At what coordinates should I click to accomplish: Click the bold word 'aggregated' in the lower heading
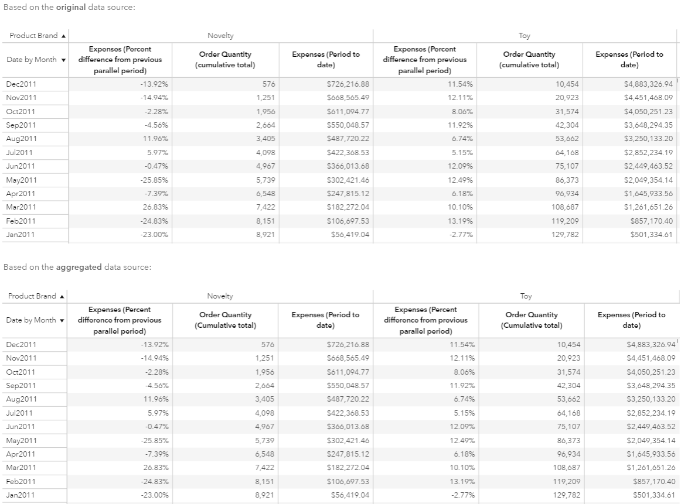pyautogui.click(x=79, y=267)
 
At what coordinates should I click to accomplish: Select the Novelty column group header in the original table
pyautogui.click(x=220, y=36)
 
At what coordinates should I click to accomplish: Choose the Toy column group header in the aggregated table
pyautogui.click(x=525, y=296)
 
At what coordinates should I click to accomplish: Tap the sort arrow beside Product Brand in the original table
pyautogui.click(x=63, y=36)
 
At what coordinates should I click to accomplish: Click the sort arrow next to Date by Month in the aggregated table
pyautogui.click(x=63, y=320)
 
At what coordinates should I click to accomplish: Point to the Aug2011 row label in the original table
pyautogui.click(x=21, y=139)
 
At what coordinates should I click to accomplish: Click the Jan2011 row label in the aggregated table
pyautogui.click(x=21, y=495)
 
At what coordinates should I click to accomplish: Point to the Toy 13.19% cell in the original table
pyautogui.click(x=461, y=221)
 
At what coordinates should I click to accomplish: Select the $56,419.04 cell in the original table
pyautogui.click(x=350, y=235)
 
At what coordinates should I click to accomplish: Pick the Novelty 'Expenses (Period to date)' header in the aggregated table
pyautogui.click(x=325, y=320)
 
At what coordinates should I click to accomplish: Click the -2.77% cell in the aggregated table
pyautogui.click(x=461, y=495)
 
